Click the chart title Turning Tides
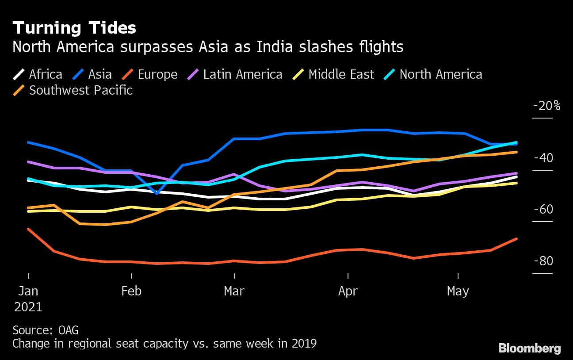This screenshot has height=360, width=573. (x=74, y=28)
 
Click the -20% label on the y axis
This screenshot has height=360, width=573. (x=547, y=106)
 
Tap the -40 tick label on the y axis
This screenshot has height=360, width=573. (x=543, y=158)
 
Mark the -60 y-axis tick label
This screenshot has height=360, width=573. (x=543, y=209)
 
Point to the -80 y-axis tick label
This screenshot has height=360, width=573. (x=543, y=261)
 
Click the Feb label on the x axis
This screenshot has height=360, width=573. (x=131, y=291)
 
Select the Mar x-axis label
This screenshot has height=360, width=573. (x=234, y=291)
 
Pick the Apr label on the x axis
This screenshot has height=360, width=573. (x=348, y=291)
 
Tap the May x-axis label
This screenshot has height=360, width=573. (x=458, y=291)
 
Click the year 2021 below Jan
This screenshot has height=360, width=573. (x=28, y=307)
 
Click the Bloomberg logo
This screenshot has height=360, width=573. (x=530, y=349)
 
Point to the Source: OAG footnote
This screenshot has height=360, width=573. (x=46, y=330)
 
